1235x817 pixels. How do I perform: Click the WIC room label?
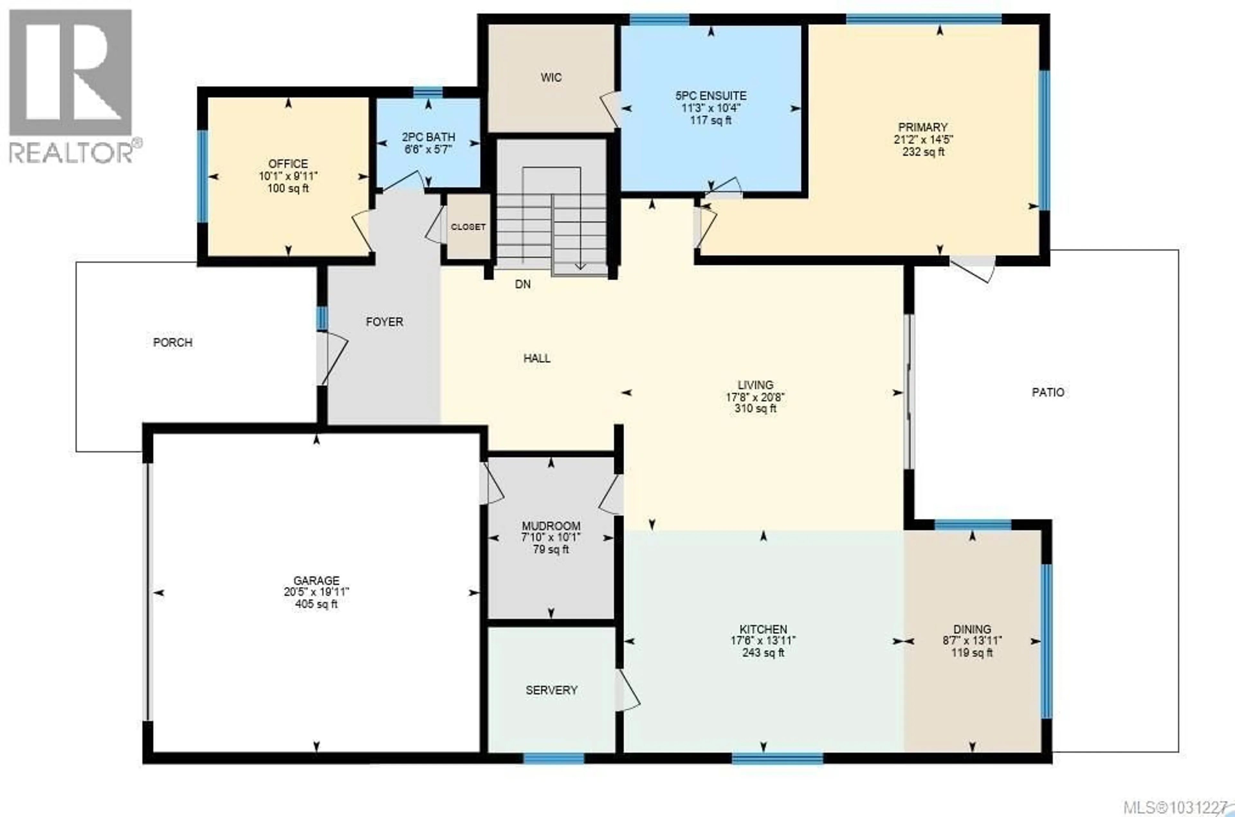pyautogui.click(x=551, y=78)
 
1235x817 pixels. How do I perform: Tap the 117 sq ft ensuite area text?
pyautogui.click(x=710, y=120)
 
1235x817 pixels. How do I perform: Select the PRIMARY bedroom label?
pyautogui.click(x=922, y=127)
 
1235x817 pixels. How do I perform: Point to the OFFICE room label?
pyautogui.click(x=288, y=164)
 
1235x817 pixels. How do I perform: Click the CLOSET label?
pyautogui.click(x=468, y=227)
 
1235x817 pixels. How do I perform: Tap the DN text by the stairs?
pyautogui.click(x=522, y=284)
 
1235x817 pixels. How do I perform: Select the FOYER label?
pyautogui.click(x=384, y=322)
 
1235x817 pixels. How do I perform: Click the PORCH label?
pyautogui.click(x=172, y=342)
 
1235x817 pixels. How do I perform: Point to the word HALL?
pyautogui.click(x=536, y=358)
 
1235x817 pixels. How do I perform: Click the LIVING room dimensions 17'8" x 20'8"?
pyautogui.click(x=755, y=397)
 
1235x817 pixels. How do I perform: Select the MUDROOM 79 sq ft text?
pyautogui.click(x=551, y=550)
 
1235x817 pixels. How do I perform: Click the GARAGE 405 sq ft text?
pyautogui.click(x=316, y=604)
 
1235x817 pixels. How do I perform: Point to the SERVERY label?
pyautogui.click(x=551, y=690)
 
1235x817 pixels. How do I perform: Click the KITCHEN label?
pyautogui.click(x=763, y=629)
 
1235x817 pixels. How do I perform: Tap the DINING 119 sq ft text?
pyautogui.click(x=972, y=653)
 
